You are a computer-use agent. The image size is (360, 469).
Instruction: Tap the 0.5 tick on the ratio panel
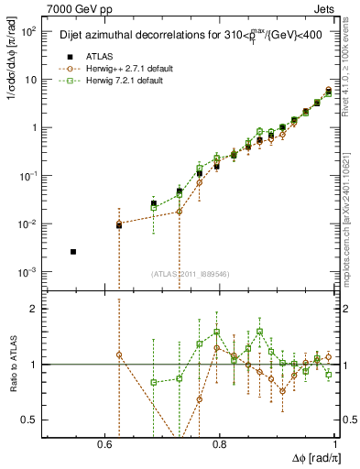pos(31,420)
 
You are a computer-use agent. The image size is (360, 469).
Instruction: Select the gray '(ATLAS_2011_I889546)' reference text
pos(191,274)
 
